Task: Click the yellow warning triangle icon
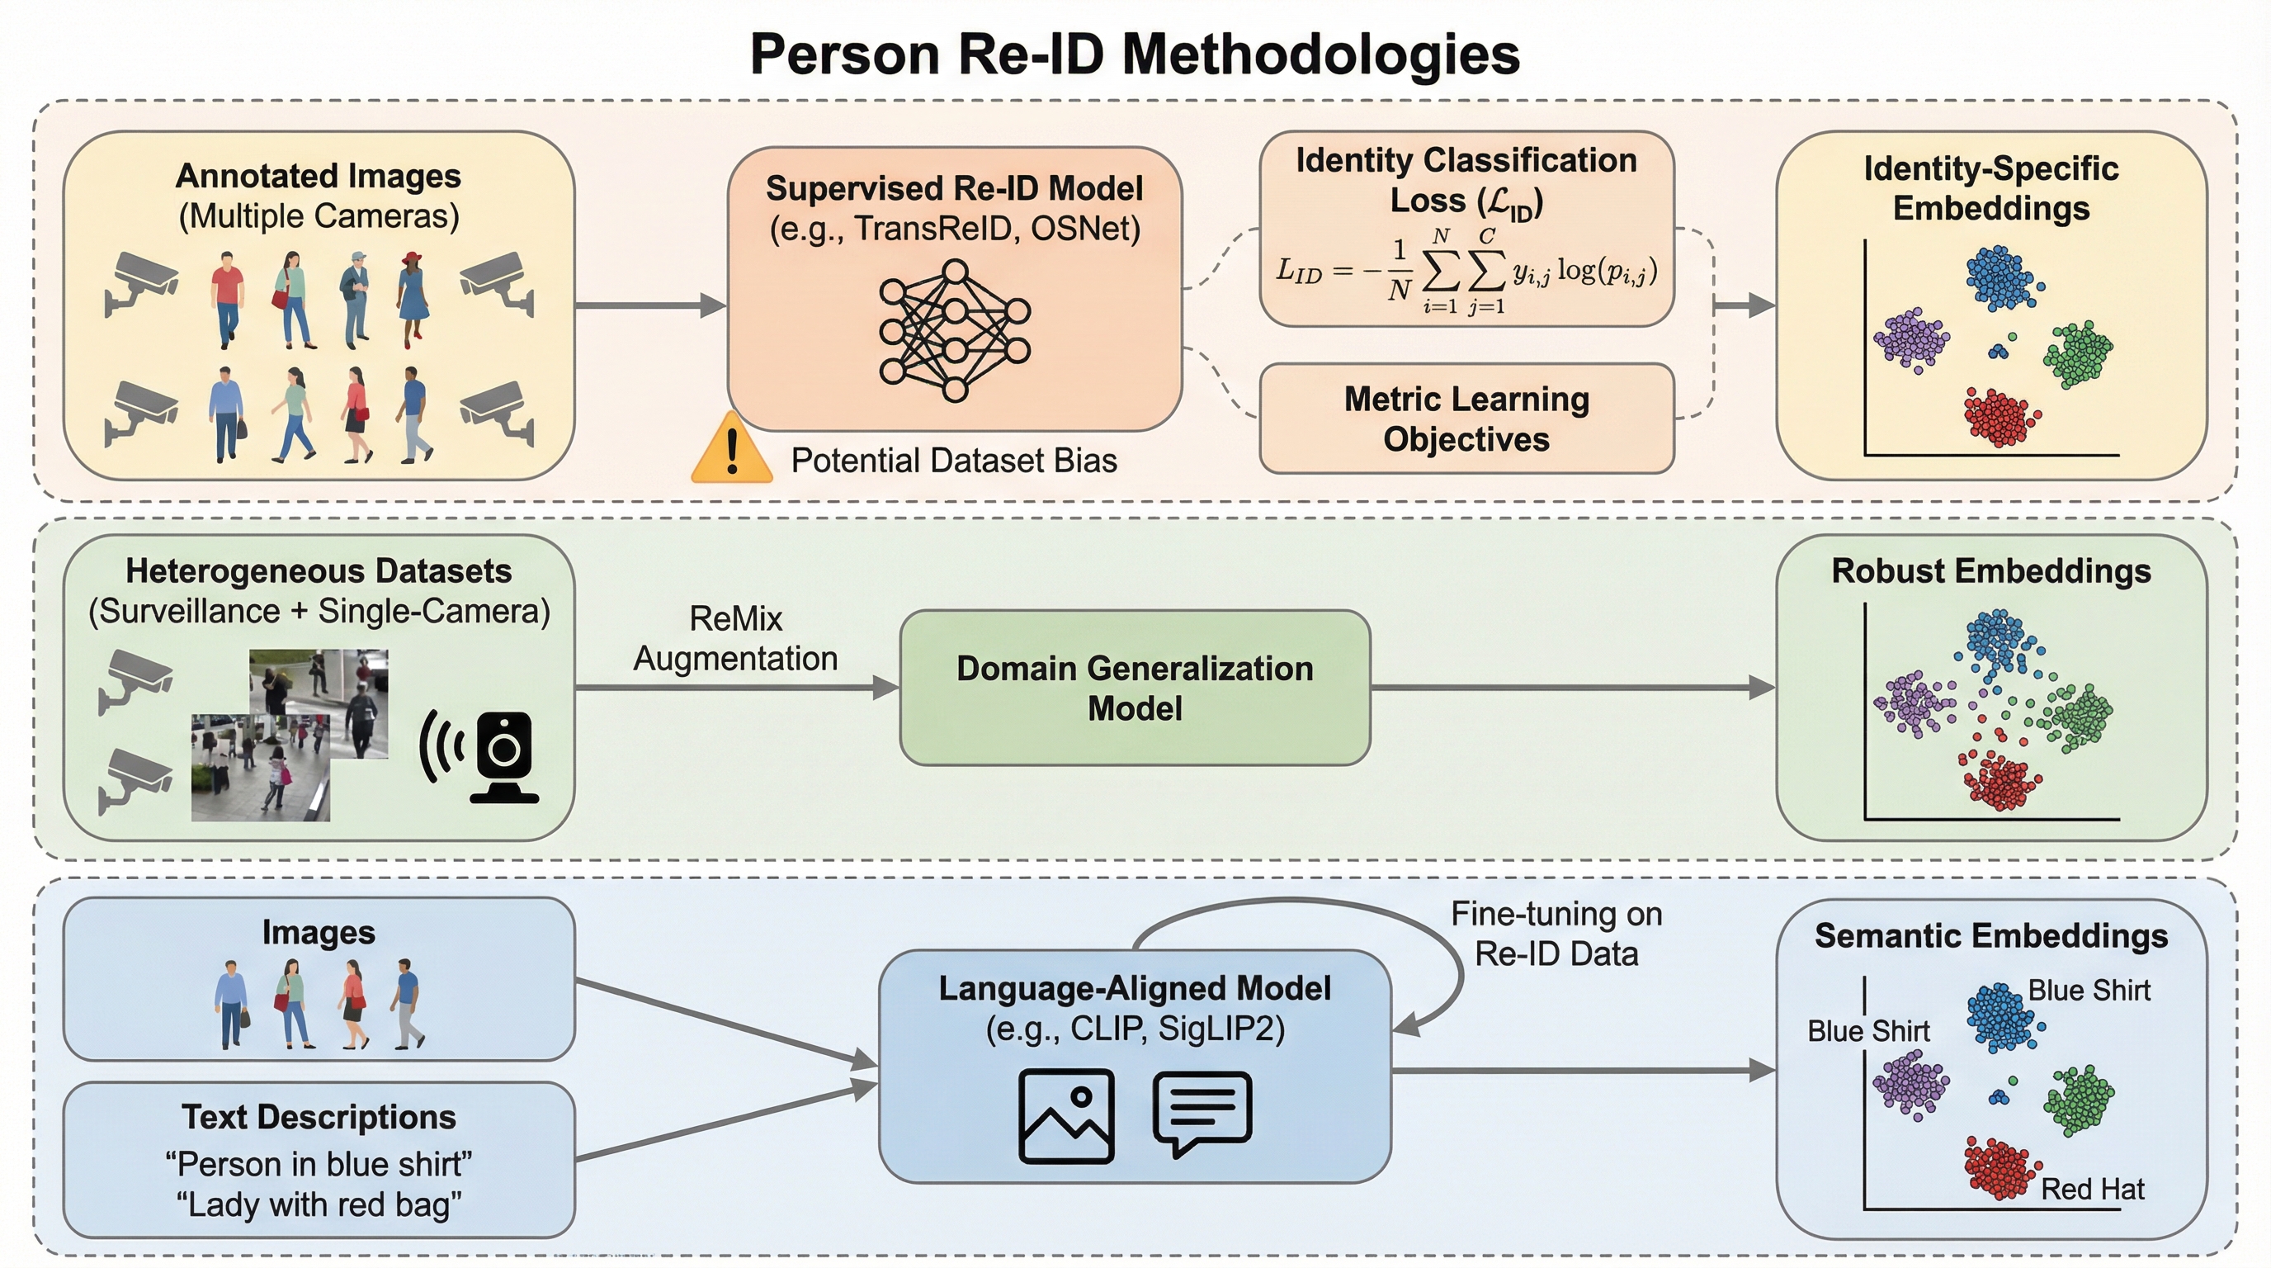coord(731,451)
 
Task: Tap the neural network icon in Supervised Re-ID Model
coord(955,331)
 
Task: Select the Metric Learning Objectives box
coord(1466,419)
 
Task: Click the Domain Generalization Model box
coord(1135,688)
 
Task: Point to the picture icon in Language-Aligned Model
coord(1066,1115)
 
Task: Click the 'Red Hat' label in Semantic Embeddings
coord(2092,1189)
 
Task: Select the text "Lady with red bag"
coord(319,1204)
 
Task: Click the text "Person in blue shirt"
coord(319,1164)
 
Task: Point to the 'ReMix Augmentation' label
coord(735,638)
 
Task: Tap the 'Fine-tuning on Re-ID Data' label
coord(1556,934)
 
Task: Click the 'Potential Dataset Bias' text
coord(953,461)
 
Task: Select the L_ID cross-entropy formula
coord(1466,272)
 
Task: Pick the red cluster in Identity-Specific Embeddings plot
coord(2000,415)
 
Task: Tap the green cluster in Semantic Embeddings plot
coord(2079,1099)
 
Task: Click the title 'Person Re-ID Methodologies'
coord(1135,54)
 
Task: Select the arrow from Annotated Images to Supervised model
coord(650,306)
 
